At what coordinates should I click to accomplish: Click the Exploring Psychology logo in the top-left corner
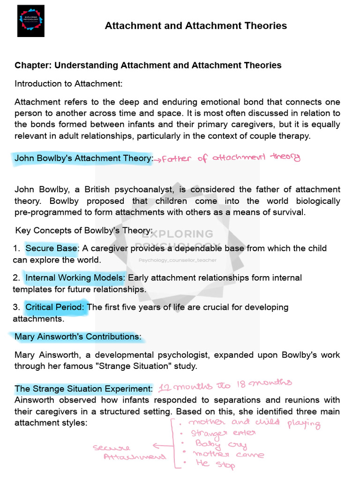[x=30, y=21]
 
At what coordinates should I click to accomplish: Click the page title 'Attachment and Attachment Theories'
[x=195, y=26]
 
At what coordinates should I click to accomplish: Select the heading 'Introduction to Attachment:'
[x=68, y=84]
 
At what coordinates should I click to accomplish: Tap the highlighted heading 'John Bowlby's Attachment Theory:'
[x=83, y=158]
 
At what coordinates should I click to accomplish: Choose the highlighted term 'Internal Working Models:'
[x=75, y=277]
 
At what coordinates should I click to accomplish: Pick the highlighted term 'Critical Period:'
[x=55, y=307]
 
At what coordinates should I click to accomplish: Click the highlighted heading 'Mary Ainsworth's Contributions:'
[x=77, y=337]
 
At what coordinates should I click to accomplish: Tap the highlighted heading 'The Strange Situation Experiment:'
[x=83, y=389]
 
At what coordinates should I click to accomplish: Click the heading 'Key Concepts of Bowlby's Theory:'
[x=84, y=231]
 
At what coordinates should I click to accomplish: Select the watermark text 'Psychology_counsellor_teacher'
[x=178, y=260]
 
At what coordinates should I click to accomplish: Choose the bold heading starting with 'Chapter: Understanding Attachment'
[x=148, y=65]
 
